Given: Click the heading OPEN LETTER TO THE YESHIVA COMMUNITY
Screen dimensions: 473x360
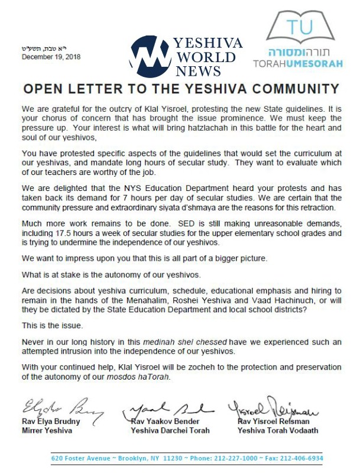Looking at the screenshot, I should [180, 89].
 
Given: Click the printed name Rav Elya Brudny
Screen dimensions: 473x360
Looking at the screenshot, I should [53, 421].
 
